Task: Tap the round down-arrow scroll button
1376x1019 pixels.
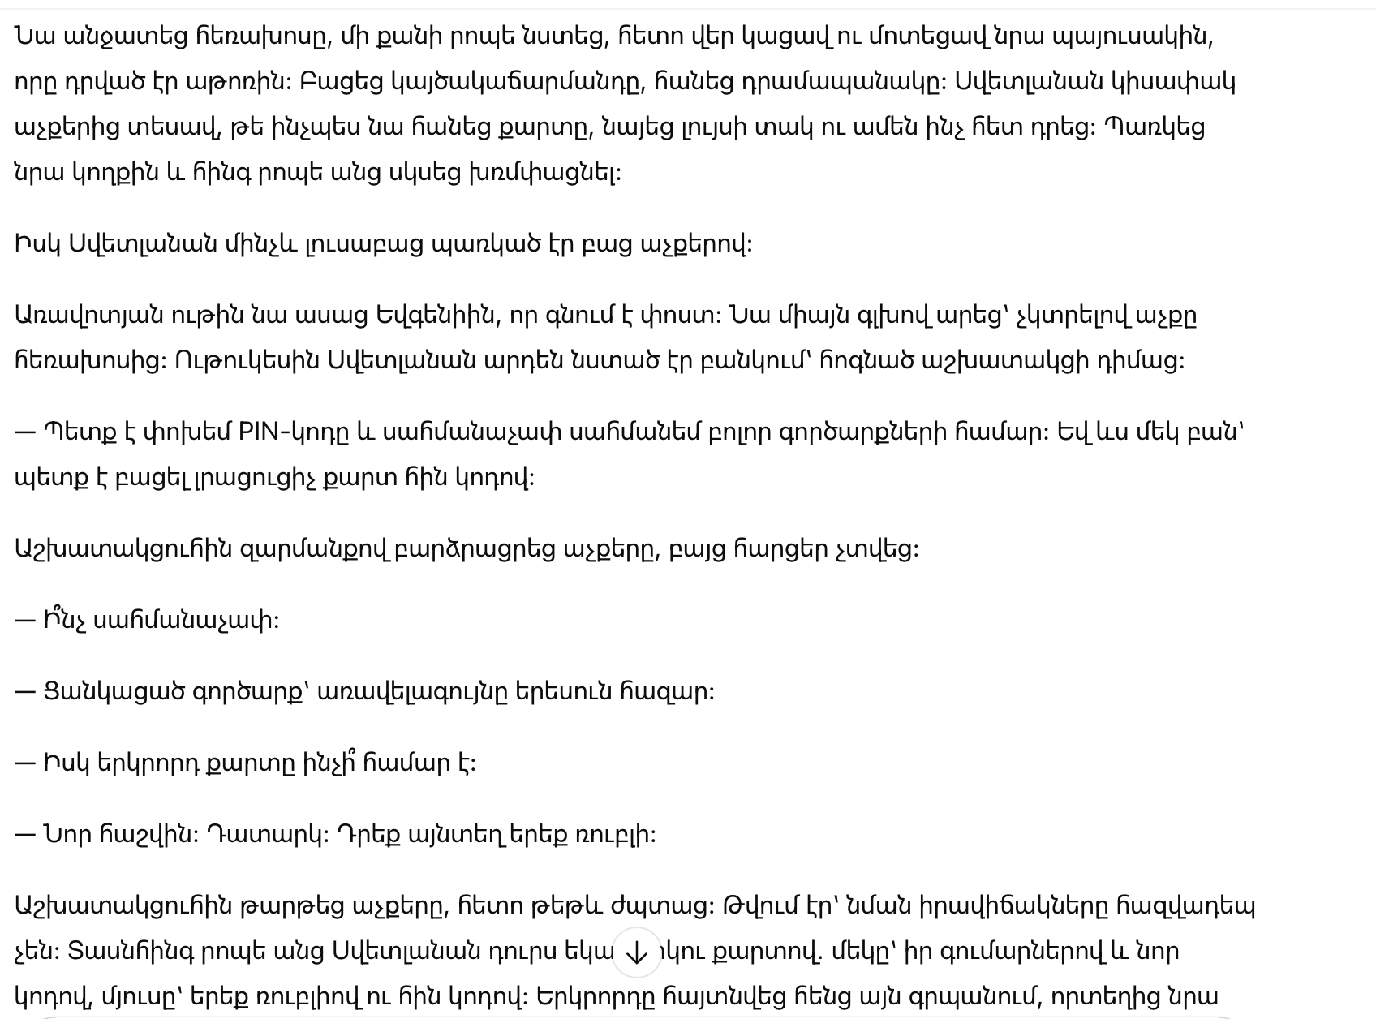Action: coord(636,952)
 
